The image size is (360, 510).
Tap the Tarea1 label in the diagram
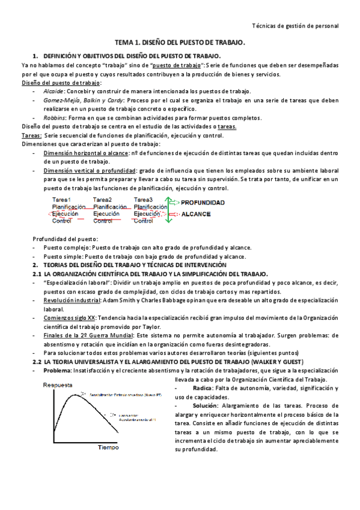61,200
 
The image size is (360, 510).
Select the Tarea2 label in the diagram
102,200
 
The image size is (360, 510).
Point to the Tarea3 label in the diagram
143,200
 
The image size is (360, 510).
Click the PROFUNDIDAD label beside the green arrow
203,203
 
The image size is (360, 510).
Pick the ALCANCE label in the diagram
195,214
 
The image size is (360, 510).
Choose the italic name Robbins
55,118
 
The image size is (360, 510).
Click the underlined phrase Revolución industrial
72,300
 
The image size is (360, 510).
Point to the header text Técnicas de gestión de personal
294,26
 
